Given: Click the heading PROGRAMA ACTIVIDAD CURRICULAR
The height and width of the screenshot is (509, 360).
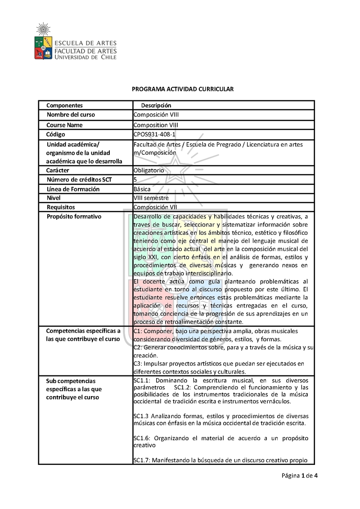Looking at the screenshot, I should tap(183, 89).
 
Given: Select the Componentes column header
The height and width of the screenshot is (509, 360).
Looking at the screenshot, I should tap(64, 105).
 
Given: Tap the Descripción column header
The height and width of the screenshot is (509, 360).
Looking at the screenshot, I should tap(156, 105).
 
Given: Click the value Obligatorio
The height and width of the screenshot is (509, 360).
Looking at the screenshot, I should tap(149, 170).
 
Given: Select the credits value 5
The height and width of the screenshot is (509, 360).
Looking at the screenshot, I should tap(135, 179).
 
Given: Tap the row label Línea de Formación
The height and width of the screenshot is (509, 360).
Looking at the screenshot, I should tap(73, 189).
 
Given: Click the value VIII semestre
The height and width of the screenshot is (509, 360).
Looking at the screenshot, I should tap(151, 198).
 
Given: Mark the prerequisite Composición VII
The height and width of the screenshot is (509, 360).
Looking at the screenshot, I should tap(155, 207).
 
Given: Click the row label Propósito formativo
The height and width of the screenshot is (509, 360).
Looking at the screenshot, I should tap(74, 216).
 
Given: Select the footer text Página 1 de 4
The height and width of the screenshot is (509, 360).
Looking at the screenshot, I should tap(300, 476).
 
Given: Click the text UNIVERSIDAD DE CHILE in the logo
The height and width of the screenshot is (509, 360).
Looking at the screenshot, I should tap(85, 57).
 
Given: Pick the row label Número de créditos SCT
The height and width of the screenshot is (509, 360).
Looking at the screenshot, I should tap(79, 179).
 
